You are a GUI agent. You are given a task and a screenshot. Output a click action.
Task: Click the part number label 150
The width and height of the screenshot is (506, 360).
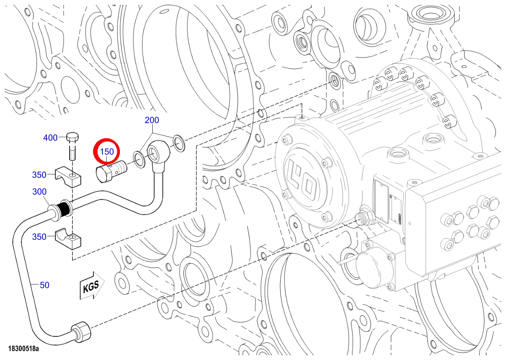[x=107, y=151]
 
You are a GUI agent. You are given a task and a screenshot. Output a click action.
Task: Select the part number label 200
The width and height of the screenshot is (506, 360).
[x=152, y=120]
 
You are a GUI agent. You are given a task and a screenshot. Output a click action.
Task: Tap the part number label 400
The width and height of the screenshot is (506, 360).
[x=50, y=137]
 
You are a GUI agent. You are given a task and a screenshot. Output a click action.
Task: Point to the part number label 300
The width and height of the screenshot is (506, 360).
[x=39, y=191]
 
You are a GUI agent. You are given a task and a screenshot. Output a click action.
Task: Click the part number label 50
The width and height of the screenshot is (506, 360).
[x=44, y=285]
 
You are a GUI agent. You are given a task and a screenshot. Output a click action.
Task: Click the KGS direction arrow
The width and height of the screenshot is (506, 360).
[x=92, y=285]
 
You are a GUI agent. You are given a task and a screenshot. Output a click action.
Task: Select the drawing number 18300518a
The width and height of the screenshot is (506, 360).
[x=24, y=348]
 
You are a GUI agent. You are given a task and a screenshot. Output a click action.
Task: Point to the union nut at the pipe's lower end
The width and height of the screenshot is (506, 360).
[x=81, y=331]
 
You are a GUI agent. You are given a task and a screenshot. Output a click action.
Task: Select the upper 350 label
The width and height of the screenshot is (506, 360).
[x=39, y=175]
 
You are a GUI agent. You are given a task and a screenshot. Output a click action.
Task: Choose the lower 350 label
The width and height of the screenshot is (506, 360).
[x=39, y=237]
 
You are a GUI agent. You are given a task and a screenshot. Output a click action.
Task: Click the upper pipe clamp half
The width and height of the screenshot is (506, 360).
[x=68, y=177]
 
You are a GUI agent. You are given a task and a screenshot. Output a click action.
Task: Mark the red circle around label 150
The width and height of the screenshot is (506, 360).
[x=107, y=151]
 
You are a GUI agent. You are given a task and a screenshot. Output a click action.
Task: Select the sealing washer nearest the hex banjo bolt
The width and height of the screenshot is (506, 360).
[x=139, y=160]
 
